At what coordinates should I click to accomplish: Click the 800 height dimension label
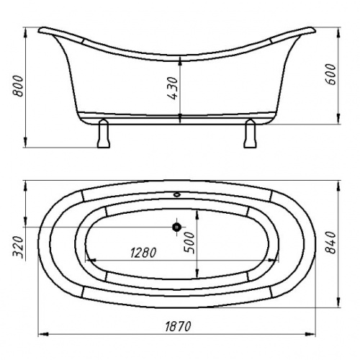(x=18, y=86)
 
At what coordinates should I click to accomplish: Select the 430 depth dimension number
(x=173, y=88)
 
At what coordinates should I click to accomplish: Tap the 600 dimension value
(x=330, y=74)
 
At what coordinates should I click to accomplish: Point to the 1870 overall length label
(x=178, y=326)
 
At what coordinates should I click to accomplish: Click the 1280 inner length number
(x=143, y=253)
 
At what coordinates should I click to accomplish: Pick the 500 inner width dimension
(x=189, y=243)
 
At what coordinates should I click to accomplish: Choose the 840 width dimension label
(x=330, y=243)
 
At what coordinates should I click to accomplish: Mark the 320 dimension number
(x=18, y=247)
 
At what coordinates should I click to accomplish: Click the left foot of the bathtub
(x=104, y=133)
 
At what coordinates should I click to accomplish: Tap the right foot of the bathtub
(x=250, y=133)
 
